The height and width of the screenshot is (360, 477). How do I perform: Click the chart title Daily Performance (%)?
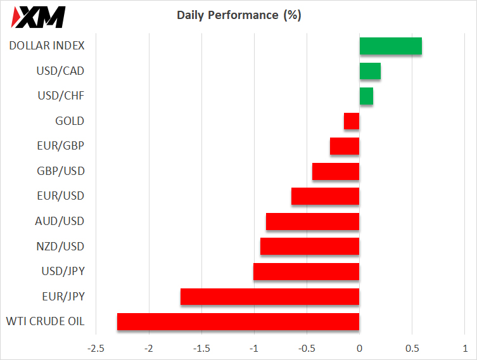pyautogui.click(x=239, y=15)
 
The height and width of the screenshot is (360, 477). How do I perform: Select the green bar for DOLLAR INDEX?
pyautogui.click(x=390, y=46)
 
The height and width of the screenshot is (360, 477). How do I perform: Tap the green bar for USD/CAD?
pyautogui.click(x=370, y=71)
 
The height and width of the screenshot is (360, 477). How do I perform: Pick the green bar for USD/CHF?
pyautogui.click(x=366, y=96)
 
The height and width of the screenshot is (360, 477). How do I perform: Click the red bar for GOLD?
pyautogui.click(x=352, y=121)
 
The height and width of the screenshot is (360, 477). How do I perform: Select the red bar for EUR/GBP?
pyautogui.click(x=345, y=146)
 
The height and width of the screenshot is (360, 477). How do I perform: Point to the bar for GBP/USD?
pyautogui.click(x=336, y=171)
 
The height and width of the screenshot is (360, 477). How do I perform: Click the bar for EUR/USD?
pyautogui.click(x=325, y=196)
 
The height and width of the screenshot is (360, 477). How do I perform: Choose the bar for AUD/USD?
pyautogui.click(x=312, y=221)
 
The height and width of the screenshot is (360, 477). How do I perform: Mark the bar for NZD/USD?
pyautogui.click(x=310, y=246)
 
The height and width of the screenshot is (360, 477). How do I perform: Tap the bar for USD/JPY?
pyautogui.click(x=306, y=271)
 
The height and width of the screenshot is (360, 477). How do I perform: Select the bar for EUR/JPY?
pyautogui.click(x=270, y=296)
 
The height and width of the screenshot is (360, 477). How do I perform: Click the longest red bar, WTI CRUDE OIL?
pyautogui.click(x=238, y=321)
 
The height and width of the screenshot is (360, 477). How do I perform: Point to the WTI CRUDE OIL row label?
pyautogui.click(x=45, y=321)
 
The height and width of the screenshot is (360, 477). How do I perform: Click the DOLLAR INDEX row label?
pyautogui.click(x=47, y=46)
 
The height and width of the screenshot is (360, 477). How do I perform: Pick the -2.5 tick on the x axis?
pyautogui.click(x=96, y=348)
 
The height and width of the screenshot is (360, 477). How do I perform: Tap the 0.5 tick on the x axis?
pyautogui.click(x=412, y=348)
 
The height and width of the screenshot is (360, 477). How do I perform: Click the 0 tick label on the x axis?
pyautogui.click(x=359, y=348)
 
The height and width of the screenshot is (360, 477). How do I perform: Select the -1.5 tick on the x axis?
pyautogui.click(x=201, y=348)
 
